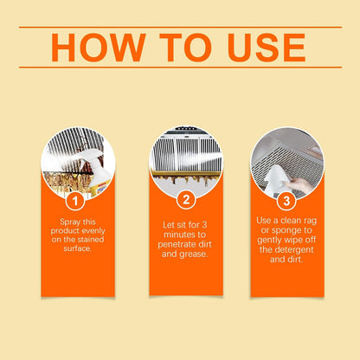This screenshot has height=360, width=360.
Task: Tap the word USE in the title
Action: coord(266,48)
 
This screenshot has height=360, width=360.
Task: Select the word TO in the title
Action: coord(185,48)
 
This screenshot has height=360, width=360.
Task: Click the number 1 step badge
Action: coord(75,201)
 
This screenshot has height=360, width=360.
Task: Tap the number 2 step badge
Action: coord(186,200)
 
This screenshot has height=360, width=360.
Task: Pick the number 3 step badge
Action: coord(286,201)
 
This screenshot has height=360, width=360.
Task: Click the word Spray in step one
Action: coord(70,222)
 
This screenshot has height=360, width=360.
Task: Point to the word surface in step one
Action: coord(78,248)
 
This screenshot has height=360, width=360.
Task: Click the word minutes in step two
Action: coord(185,235)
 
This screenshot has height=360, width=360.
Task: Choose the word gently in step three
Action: coord(269,241)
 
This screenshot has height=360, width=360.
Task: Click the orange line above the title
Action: coord(181,28)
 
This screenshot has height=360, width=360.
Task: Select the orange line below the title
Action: coord(181,67)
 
